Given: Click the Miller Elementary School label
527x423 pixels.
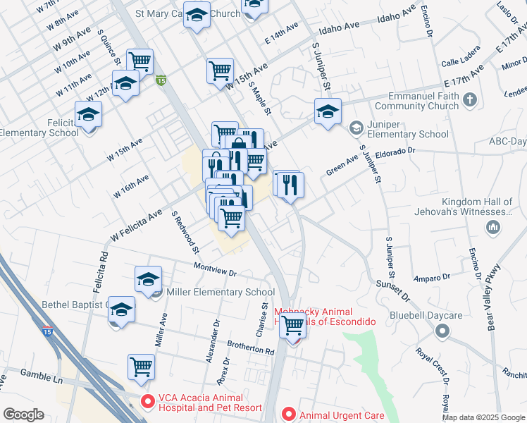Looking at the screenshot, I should pos(220,292).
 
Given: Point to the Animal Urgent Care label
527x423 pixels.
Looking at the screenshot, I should pos(342,415).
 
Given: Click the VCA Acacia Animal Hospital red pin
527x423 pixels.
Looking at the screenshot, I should pos(148,402).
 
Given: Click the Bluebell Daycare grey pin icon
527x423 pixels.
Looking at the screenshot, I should pos(442,330).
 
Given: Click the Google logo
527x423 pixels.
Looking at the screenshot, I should pos(24,415).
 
